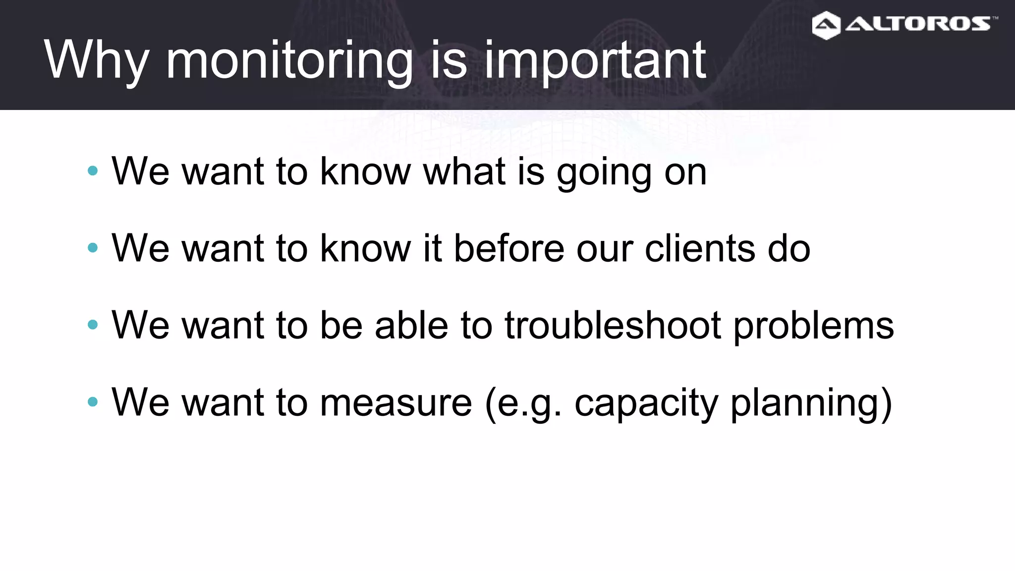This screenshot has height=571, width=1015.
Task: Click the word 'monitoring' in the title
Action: (289, 61)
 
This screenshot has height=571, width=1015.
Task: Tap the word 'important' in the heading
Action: (594, 61)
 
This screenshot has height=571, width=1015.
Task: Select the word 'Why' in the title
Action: (96, 61)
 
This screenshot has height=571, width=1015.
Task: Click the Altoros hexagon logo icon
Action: (826, 25)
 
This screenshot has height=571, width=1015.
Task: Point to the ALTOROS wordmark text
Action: (918, 24)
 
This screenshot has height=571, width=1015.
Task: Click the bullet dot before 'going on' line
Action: (93, 171)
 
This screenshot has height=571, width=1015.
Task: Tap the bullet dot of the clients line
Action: (93, 248)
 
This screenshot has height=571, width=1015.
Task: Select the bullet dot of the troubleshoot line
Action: (93, 325)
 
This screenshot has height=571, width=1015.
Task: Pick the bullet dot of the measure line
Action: (93, 401)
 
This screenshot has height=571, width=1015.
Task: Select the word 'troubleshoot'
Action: (613, 325)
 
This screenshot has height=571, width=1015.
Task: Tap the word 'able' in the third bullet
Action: (411, 325)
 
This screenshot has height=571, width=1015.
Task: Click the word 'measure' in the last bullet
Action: (396, 402)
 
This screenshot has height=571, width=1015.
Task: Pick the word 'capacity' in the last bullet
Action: (646, 403)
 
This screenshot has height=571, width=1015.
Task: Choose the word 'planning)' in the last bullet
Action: (811, 403)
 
